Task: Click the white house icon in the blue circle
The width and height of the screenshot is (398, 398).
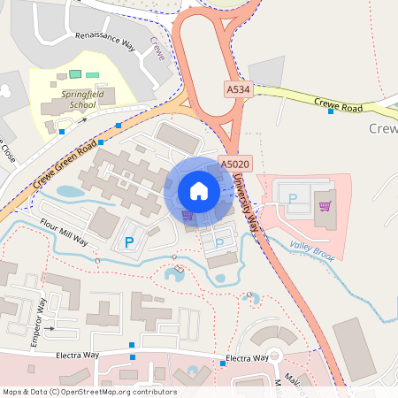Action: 199,191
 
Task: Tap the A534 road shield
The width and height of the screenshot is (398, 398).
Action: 238,89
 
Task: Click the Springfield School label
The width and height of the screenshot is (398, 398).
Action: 73,98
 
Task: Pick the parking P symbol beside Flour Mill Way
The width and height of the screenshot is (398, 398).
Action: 129,241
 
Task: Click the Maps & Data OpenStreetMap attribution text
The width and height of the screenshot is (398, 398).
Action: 89,392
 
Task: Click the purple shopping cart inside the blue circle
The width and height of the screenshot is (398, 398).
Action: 187,214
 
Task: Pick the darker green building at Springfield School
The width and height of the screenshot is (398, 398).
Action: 75,73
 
